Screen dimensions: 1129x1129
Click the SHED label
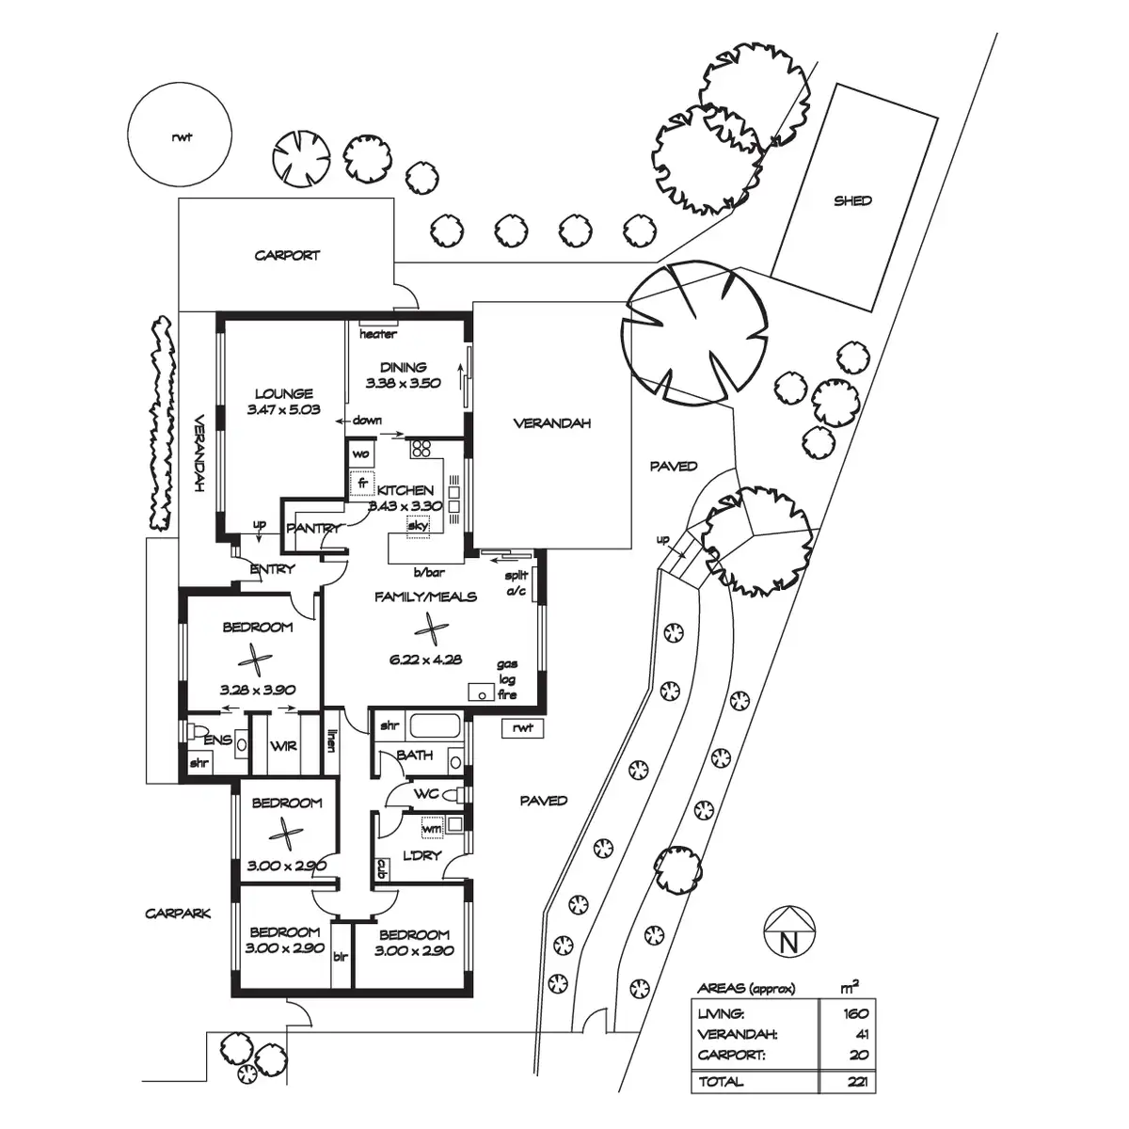tap(852, 200)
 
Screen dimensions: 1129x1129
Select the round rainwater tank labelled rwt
tap(181, 137)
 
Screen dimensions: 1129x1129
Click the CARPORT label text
tap(287, 255)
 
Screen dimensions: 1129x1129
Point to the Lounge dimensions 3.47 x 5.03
tap(283, 409)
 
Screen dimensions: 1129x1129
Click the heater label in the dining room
tap(378, 334)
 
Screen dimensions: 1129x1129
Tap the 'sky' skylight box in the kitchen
tap(418, 526)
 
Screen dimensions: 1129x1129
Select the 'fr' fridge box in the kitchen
tap(361, 485)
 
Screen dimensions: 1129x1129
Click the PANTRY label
tap(313, 529)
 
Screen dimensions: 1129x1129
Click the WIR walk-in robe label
tap(283, 746)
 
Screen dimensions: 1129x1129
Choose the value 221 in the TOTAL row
tap(855, 1082)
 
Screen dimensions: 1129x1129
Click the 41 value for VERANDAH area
tap(860, 1034)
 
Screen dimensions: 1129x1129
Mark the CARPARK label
tap(179, 914)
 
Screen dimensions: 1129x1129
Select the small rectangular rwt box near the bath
tap(523, 727)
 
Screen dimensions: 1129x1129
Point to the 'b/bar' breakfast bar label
tap(428, 572)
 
